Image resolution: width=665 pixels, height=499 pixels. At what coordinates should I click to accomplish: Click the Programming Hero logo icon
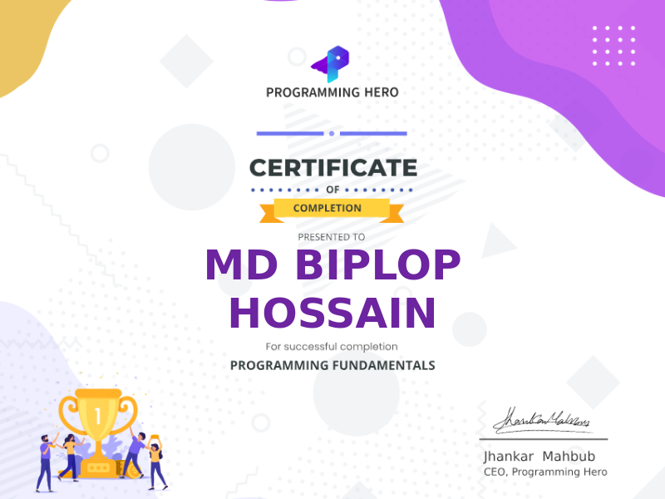[x=331, y=64]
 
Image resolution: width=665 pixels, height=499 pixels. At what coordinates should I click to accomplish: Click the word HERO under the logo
[x=382, y=92]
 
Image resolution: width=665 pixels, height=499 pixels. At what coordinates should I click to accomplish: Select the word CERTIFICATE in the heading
[x=333, y=168]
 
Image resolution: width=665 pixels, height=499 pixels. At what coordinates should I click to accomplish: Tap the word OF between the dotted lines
[x=332, y=190]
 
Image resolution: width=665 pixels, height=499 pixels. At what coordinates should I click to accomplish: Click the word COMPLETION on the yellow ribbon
[x=328, y=208]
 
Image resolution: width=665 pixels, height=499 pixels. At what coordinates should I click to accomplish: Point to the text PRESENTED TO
[x=331, y=237]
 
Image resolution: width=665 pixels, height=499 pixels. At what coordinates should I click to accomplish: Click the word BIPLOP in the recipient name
[x=378, y=264]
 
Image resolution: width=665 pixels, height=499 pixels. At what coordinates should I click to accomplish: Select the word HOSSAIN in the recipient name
[x=332, y=313]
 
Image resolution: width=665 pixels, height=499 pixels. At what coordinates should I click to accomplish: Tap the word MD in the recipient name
[x=241, y=264]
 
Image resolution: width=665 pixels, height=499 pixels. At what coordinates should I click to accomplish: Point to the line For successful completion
[x=332, y=347]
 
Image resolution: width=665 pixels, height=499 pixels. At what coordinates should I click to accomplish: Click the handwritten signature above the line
[x=542, y=421]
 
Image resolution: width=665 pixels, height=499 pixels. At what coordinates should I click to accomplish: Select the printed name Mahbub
[x=569, y=456]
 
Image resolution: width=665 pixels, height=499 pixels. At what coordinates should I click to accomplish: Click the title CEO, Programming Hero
[x=545, y=472]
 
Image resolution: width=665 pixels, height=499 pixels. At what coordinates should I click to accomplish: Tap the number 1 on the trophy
[x=98, y=417]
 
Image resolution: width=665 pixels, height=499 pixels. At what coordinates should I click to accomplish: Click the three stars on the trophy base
[x=98, y=468]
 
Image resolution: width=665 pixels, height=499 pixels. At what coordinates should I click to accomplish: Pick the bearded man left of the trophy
[x=45, y=463]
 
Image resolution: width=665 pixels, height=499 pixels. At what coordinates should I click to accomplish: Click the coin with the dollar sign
[x=135, y=470]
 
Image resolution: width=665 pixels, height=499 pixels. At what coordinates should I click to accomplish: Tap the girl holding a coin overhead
[x=155, y=462]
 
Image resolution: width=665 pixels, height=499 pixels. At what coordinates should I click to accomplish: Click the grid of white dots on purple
[x=613, y=46]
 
